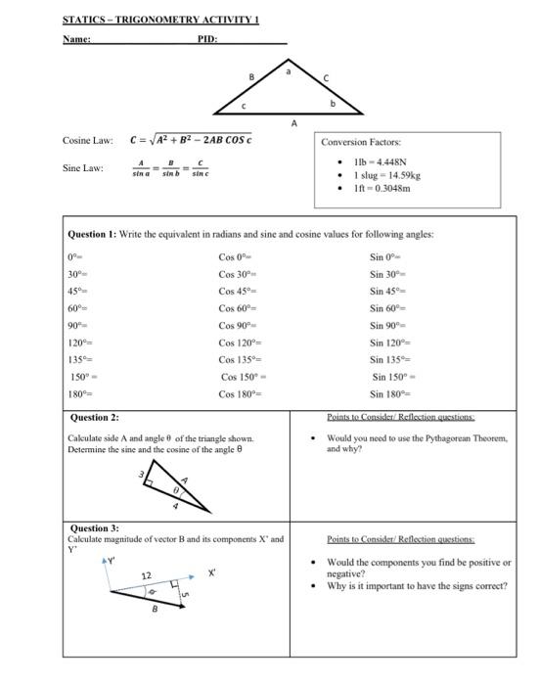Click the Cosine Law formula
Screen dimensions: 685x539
tap(193, 140)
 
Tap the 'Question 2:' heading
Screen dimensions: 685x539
tap(94, 417)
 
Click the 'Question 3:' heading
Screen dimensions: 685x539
tap(93, 528)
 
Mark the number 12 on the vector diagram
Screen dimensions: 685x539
tap(146, 575)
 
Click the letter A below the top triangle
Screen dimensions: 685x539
tap(293, 123)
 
